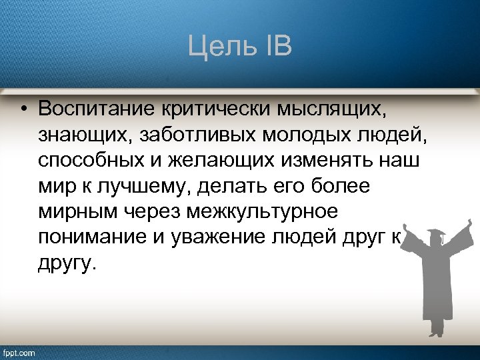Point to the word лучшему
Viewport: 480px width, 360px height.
coord(143,187)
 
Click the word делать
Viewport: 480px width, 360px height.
coord(238,186)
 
